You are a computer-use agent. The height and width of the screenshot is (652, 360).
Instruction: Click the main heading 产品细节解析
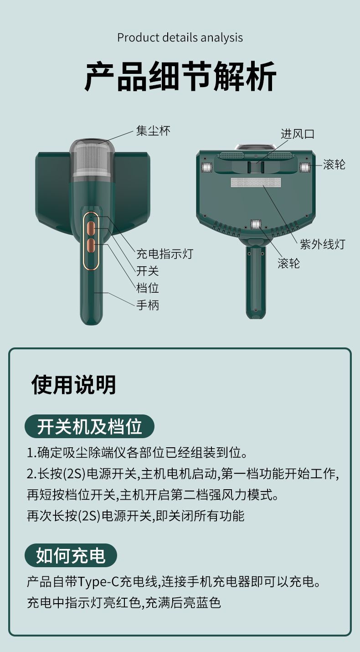click(180, 77)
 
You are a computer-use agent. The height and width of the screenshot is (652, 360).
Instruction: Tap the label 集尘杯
click(154, 131)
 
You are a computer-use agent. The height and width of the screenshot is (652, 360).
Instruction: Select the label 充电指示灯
click(165, 254)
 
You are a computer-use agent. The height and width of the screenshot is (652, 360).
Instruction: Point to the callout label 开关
click(148, 271)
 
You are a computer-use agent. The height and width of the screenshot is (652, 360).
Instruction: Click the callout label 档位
click(148, 289)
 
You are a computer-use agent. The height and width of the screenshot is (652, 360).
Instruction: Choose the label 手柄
click(148, 305)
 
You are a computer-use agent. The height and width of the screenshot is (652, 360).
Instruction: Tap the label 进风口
click(298, 134)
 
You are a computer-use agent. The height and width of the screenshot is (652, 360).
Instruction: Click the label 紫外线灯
click(323, 244)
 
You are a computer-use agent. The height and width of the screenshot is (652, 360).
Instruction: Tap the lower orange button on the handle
click(92, 246)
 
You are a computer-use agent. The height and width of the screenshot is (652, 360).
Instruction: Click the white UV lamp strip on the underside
click(256, 182)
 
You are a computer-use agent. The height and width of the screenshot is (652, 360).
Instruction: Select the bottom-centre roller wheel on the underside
click(256, 224)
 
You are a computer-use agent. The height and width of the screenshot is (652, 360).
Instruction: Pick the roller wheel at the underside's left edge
click(206, 167)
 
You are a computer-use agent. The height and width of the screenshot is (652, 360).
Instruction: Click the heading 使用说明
click(74, 385)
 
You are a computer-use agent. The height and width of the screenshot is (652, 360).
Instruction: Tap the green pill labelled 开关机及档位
click(89, 427)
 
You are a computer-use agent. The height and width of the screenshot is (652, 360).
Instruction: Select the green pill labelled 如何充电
click(71, 556)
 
